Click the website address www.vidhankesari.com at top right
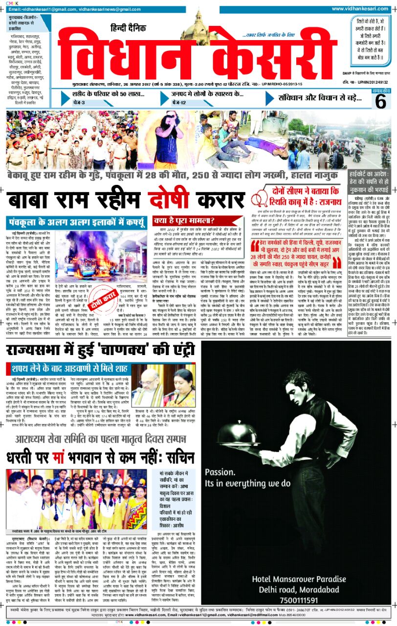coord(361,9)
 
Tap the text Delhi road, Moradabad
coord(292,589)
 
